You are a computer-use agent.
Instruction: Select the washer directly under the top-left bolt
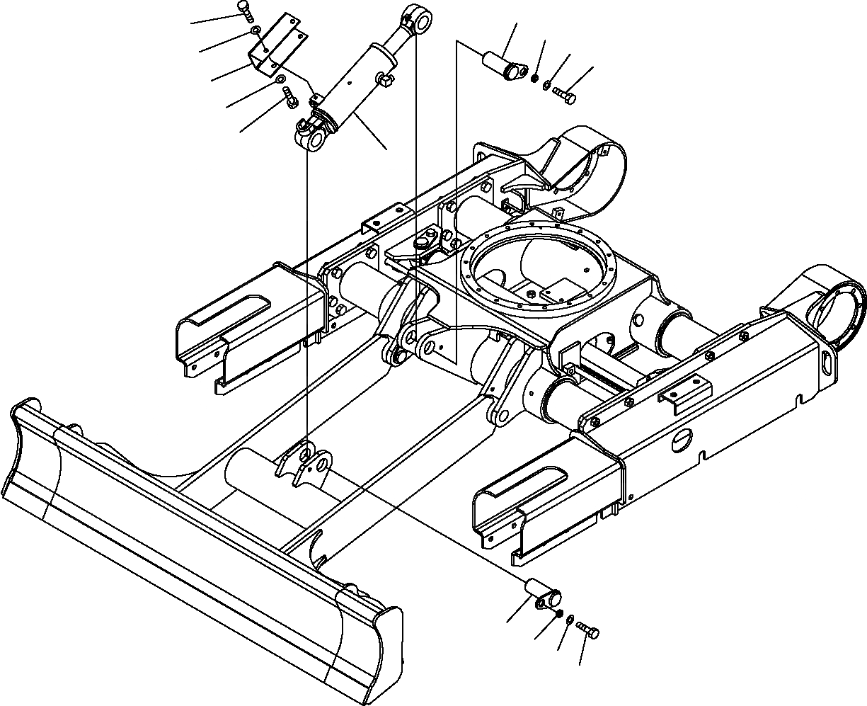pos(256,31)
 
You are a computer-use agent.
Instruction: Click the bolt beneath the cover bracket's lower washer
pos(290,98)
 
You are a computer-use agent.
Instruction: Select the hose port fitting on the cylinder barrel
pos(385,78)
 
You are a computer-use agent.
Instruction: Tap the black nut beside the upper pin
pos(535,79)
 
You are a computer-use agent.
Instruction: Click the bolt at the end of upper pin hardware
pos(565,93)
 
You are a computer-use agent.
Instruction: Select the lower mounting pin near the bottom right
pos(541,592)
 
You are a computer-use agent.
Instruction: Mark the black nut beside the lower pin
pos(558,613)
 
